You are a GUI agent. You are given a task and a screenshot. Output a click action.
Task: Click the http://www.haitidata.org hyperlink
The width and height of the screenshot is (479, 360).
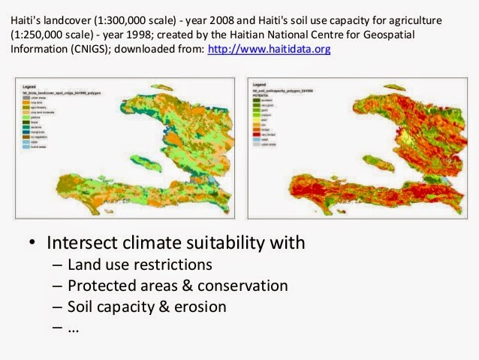(269, 48)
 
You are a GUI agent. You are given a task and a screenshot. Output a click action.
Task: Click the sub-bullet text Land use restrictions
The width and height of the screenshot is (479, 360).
(140, 265)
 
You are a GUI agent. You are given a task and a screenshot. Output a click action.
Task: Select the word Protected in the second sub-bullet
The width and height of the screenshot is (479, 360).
(98, 286)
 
